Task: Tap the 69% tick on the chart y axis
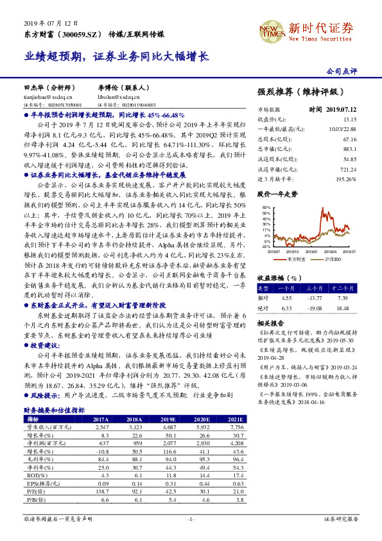tap(266, 207)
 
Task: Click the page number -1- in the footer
tap(191, 519)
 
